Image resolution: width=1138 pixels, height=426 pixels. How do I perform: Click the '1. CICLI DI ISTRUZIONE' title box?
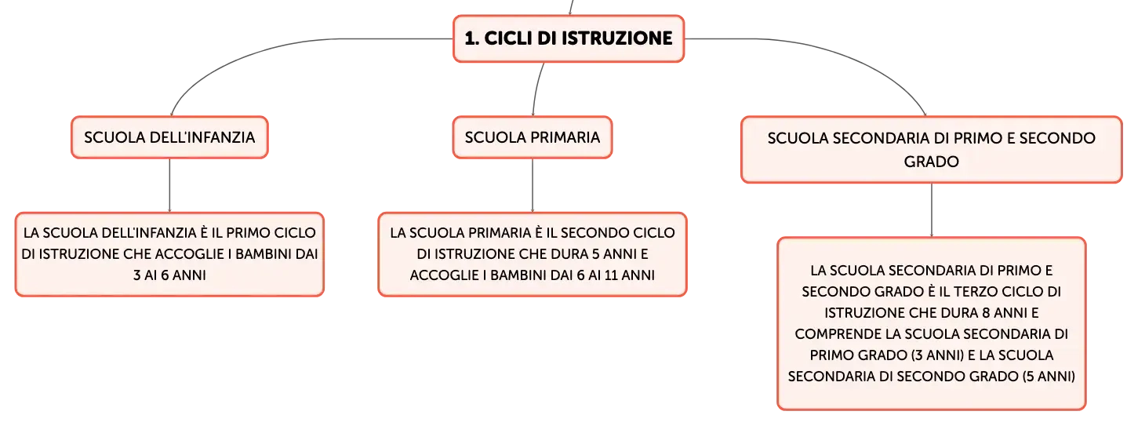[569, 38]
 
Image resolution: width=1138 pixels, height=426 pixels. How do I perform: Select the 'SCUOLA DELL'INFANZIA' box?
[169, 137]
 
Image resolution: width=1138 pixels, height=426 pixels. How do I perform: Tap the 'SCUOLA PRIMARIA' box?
[533, 137]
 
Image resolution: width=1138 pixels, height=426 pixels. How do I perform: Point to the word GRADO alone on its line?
[931, 162]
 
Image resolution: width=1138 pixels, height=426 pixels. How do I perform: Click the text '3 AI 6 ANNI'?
[169, 275]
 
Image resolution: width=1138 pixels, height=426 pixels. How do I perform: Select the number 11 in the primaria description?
[611, 275]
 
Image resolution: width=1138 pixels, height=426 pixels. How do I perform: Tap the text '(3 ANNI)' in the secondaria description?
[938, 355]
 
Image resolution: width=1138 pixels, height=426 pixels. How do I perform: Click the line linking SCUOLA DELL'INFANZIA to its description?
[169, 186]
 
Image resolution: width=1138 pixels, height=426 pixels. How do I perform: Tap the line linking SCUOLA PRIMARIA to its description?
[533, 186]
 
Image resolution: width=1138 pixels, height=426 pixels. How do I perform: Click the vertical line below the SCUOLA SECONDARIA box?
[931, 210]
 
